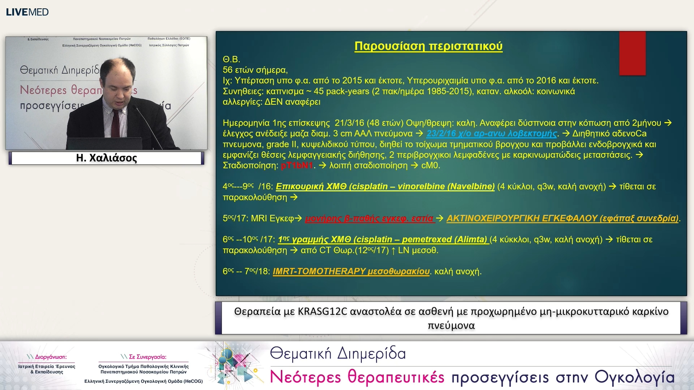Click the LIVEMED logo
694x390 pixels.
click(27, 12)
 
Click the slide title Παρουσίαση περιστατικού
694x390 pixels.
click(428, 46)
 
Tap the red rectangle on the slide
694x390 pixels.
click(632, 53)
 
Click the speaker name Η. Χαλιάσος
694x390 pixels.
click(106, 158)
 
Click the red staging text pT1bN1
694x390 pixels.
click(297, 166)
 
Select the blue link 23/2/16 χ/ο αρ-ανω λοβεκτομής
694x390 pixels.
click(492, 134)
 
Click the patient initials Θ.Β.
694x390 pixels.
click(231, 59)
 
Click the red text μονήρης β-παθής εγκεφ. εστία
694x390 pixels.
click(369, 218)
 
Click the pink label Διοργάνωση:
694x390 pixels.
click(51, 357)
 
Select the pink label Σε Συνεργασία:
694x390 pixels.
click(147, 357)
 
